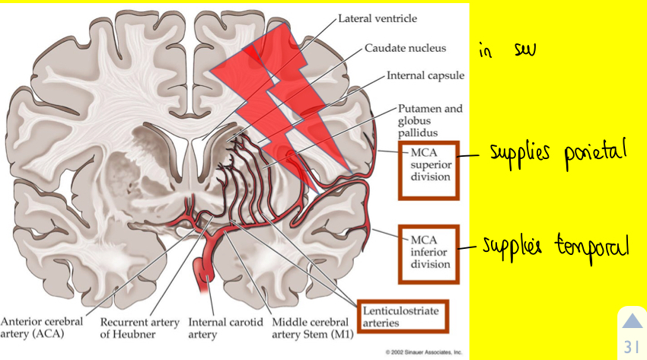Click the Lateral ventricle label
pos(378,17)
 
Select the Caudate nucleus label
pos(405,48)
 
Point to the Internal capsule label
pos(425,76)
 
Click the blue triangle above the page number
pos(632,323)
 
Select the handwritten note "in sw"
pos(508,51)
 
